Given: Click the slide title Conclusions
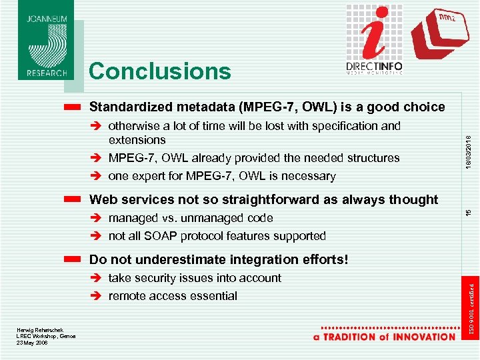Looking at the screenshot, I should [159, 71].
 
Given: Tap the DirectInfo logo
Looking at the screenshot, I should [374, 40].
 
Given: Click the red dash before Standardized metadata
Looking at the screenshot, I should [74, 107].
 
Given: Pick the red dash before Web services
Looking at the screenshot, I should [74, 199].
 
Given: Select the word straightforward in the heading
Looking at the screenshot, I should [281, 199].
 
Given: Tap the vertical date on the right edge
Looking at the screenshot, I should [469, 152].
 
